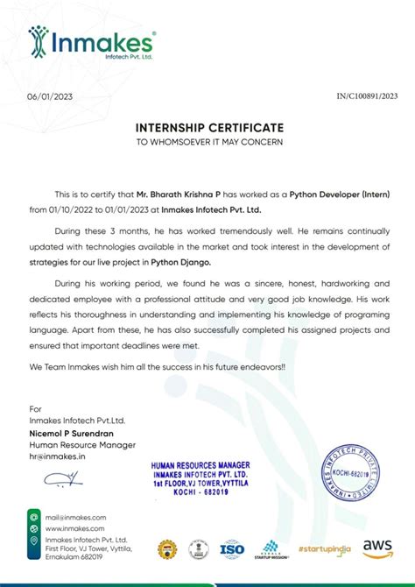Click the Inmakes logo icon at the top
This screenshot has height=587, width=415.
pyautogui.click(x=38, y=40)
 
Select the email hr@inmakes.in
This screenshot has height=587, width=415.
pyautogui.click(x=57, y=456)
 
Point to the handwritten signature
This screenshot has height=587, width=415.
pyautogui.click(x=63, y=478)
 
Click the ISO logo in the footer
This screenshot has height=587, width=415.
pyautogui.click(x=232, y=549)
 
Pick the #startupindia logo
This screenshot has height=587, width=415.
pyautogui.click(x=324, y=549)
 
